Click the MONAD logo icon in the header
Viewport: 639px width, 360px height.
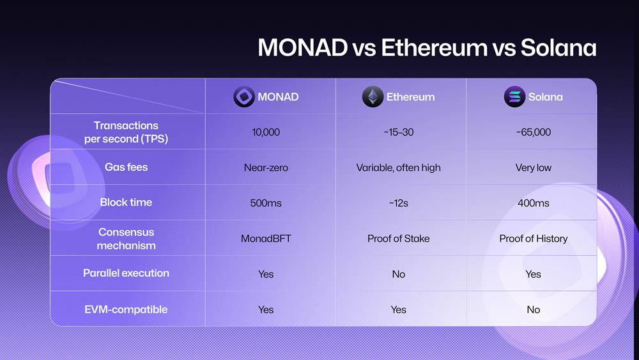coord(243,97)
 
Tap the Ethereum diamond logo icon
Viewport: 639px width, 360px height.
coord(373,97)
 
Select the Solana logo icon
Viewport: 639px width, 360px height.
coord(514,97)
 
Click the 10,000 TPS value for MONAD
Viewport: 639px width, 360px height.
coord(266,132)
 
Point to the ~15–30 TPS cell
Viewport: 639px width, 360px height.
coord(398,132)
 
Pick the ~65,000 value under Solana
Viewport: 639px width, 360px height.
coord(533,132)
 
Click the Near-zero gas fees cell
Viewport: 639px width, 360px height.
coord(266,168)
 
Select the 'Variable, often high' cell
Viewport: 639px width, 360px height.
coord(398,168)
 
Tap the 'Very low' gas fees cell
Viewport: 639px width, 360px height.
coord(533,168)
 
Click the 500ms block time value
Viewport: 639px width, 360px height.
coord(266,203)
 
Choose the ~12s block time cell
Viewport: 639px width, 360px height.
coord(398,203)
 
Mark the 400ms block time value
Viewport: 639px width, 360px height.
coord(533,203)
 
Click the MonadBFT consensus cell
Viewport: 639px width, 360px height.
coord(266,239)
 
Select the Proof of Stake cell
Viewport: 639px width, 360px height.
coord(398,239)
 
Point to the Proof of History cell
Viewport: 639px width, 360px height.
coord(533,239)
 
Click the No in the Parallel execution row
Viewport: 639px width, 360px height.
coord(398,274)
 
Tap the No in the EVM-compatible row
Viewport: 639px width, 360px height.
coord(533,309)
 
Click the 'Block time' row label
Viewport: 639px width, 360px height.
coord(126,202)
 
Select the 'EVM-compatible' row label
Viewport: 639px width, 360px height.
coord(126,309)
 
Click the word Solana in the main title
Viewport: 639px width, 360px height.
coord(558,49)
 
